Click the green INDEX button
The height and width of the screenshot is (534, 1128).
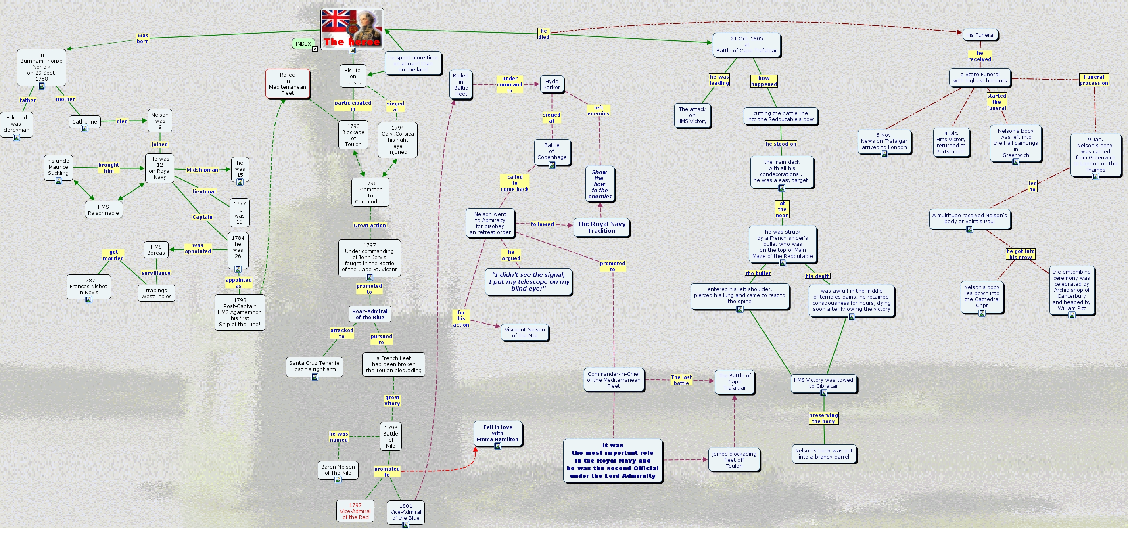click(x=303, y=44)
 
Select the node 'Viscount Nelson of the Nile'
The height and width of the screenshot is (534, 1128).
click(x=524, y=333)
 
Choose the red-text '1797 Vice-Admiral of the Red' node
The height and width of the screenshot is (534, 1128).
click(x=355, y=511)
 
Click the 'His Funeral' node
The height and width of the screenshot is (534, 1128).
click(x=980, y=35)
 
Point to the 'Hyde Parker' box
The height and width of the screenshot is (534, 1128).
click(x=552, y=84)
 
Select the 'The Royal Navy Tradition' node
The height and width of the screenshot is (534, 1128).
click(x=601, y=227)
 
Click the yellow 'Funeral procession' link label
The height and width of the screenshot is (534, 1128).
click(x=1093, y=80)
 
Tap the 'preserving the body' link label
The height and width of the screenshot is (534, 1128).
click(x=823, y=418)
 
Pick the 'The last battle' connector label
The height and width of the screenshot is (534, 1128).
click(x=681, y=380)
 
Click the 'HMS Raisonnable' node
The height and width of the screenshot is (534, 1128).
click(x=103, y=210)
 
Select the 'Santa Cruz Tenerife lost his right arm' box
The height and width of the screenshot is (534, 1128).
click(x=314, y=366)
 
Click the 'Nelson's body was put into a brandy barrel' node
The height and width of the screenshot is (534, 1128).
click(x=824, y=454)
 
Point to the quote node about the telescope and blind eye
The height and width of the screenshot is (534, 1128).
click(x=529, y=282)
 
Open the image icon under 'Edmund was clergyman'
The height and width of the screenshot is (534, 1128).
click(x=17, y=138)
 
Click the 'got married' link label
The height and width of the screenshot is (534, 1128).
click(x=113, y=255)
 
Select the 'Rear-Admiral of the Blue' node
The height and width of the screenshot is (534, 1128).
click(x=370, y=314)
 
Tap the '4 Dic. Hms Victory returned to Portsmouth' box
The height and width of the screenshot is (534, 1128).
click(x=950, y=143)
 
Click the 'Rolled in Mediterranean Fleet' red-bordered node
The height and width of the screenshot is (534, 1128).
click(x=288, y=84)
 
